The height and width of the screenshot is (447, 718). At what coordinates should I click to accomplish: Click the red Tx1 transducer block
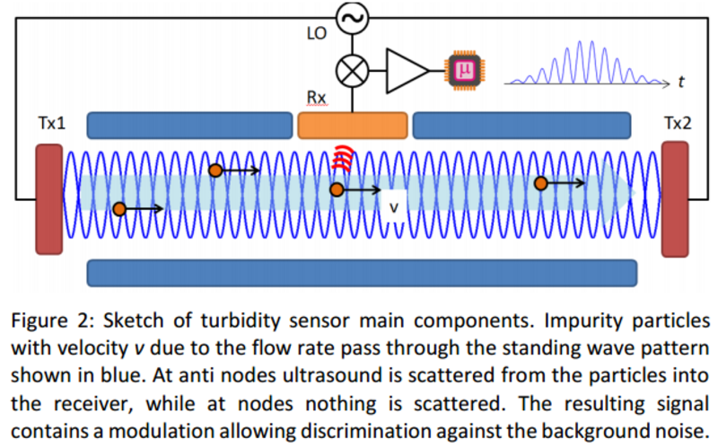click(x=49, y=199)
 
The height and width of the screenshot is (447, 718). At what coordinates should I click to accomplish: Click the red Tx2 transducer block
click(x=673, y=198)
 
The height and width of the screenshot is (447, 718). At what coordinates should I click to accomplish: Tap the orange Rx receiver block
click(x=352, y=125)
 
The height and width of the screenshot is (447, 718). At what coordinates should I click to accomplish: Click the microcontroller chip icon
click(x=464, y=68)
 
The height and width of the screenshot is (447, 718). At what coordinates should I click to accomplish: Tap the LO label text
click(x=315, y=33)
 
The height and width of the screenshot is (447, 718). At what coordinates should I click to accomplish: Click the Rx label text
click(x=317, y=97)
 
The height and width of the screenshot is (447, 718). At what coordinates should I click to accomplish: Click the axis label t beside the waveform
click(x=682, y=83)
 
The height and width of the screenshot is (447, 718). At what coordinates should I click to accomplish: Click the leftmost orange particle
click(x=118, y=209)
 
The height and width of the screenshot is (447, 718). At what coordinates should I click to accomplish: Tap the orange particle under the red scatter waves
click(x=337, y=189)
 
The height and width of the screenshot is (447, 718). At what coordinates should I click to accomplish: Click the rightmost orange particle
click(x=540, y=183)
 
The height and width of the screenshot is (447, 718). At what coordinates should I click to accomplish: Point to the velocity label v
click(x=392, y=206)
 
